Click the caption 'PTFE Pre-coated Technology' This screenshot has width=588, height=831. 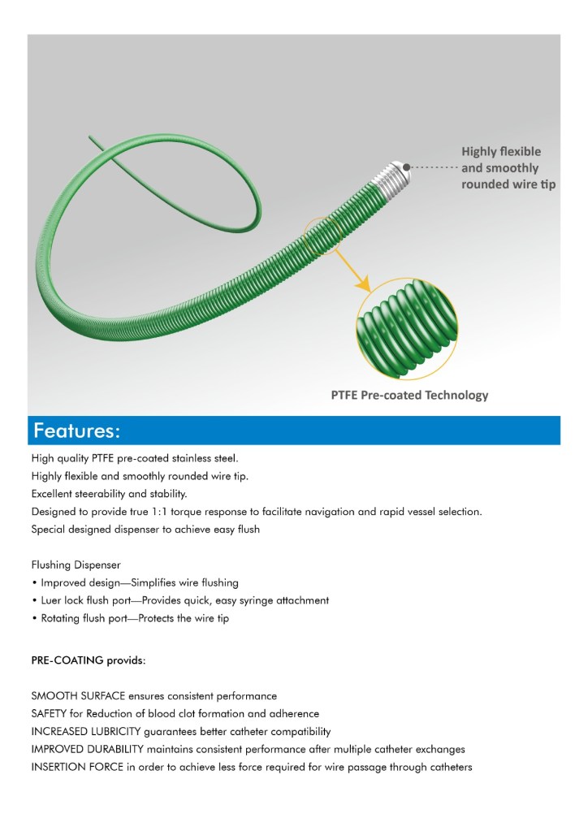[409, 396]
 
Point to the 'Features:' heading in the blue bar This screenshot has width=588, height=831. [77, 430]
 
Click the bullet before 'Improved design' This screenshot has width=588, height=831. [34, 583]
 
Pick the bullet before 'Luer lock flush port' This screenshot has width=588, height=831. [34, 601]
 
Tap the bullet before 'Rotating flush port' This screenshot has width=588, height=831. [34, 619]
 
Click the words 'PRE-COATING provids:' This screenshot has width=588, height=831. [89, 660]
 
